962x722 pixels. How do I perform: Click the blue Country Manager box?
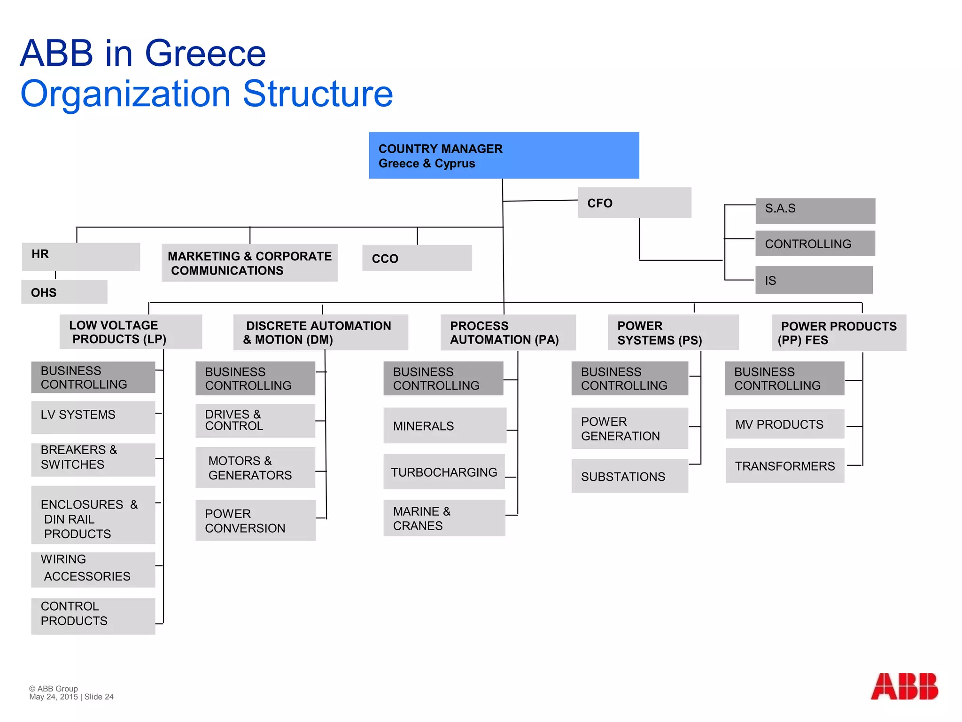504,155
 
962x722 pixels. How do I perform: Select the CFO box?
634,203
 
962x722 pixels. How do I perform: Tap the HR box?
81,256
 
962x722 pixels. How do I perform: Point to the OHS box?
64,292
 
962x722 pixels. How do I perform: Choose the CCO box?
417,258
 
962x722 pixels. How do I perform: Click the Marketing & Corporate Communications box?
249,263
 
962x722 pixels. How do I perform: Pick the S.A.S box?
815,211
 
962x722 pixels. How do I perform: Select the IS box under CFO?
814,280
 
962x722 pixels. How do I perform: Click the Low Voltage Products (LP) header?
131,332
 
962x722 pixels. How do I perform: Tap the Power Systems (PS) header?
673,333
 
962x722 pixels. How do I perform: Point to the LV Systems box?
93,417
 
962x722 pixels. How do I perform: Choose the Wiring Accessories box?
93,569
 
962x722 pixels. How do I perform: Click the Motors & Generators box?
255,468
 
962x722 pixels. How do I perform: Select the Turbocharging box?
444,471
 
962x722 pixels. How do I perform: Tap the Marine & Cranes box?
444,518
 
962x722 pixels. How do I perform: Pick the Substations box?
629,476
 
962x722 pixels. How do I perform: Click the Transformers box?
784,466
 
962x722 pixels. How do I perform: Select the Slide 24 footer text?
99,697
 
